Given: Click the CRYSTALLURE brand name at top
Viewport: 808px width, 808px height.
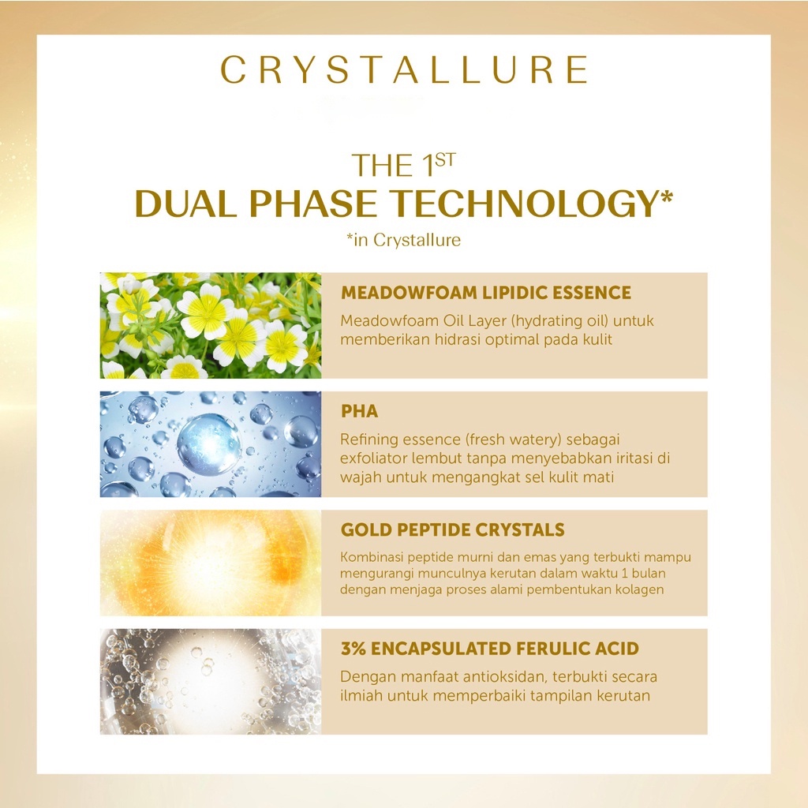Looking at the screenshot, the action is tap(404, 69).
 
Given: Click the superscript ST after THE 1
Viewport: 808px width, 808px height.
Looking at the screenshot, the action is tap(445, 159).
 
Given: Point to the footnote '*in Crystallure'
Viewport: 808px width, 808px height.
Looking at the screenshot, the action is tap(403, 240).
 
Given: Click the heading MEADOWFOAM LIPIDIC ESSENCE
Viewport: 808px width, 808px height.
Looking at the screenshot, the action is tap(485, 293).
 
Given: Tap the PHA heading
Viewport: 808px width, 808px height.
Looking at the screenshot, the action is tap(359, 411).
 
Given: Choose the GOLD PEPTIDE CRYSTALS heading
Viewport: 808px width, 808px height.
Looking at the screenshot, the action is tap(452, 529).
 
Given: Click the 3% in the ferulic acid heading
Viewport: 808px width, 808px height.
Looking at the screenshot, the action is tap(353, 649).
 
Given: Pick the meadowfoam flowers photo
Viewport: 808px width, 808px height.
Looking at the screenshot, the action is tap(210, 326).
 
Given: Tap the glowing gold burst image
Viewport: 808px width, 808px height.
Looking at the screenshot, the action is tap(210, 563).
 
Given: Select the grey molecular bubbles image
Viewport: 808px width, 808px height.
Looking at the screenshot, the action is tap(210, 681).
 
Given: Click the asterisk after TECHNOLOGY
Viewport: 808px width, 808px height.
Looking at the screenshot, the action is tap(666, 196).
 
